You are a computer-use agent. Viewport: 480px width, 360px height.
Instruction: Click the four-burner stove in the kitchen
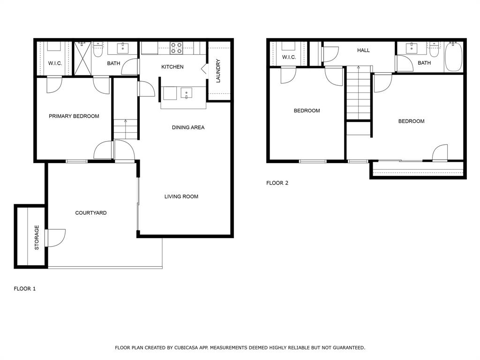177,48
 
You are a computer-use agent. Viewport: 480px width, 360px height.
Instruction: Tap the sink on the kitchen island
187,93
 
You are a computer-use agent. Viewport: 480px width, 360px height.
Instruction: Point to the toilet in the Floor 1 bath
97,50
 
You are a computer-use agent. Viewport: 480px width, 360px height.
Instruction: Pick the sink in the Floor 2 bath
412,48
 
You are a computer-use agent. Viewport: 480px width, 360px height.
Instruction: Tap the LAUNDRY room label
218,71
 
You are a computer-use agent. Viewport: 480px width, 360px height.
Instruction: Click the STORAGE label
37,237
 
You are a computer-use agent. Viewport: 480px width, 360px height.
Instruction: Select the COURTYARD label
91,213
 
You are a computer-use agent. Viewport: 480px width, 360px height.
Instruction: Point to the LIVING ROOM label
181,196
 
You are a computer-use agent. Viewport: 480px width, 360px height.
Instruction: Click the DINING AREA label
188,127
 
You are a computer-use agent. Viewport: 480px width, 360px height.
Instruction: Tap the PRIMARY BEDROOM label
74,116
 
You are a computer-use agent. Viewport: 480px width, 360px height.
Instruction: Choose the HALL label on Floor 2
363,50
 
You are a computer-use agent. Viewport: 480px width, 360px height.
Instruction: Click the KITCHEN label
172,67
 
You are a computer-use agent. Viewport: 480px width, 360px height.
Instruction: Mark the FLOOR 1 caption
25,289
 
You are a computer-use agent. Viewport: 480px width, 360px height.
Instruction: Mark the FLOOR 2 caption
277,183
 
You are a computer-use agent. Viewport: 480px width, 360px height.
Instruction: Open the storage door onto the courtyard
55,238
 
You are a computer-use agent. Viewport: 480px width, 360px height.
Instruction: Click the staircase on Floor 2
359,94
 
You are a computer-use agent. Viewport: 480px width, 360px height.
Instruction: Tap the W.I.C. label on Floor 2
289,57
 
